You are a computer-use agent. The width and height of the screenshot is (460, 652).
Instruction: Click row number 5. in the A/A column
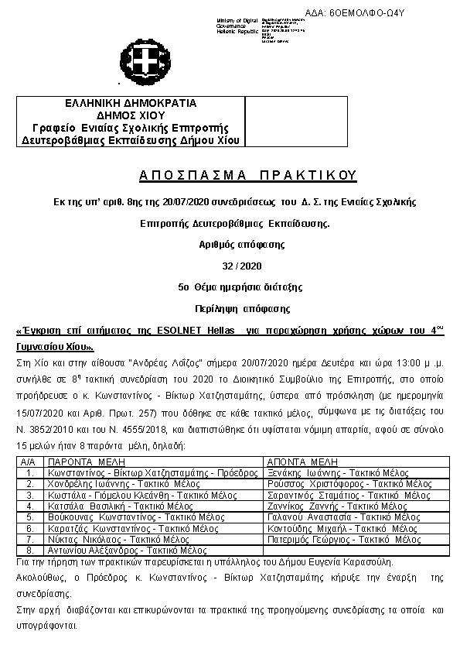pos(29,517)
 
